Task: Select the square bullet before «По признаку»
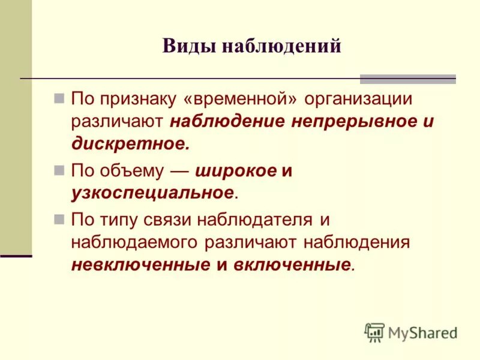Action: click(59, 97)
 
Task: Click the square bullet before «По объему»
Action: click(59, 170)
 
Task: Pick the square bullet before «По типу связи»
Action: click(59, 220)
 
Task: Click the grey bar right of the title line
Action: click(407, 79)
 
